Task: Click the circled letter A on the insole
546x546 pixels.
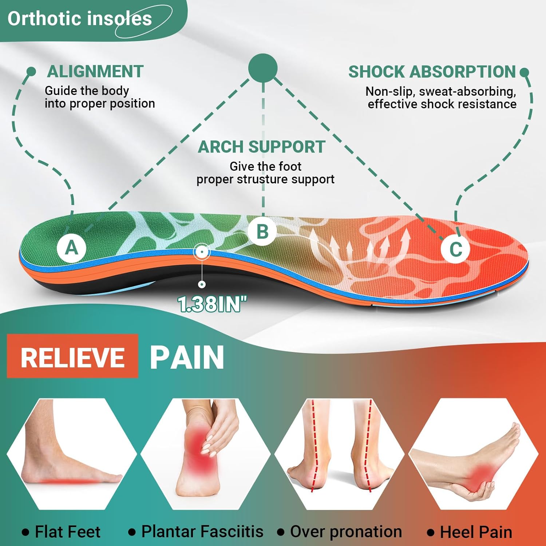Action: click(72, 248)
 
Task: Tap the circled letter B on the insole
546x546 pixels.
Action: click(262, 232)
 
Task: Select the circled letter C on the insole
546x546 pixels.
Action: click(456, 249)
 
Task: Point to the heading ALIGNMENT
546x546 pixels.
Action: click(95, 71)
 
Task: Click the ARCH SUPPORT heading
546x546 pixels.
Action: click(261, 147)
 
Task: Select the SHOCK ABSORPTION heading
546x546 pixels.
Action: click(432, 72)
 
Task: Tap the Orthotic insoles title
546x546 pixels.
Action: click(80, 19)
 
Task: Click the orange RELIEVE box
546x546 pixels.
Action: click(73, 357)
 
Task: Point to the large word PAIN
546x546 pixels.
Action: click(187, 357)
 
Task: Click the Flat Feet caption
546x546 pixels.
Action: click(67, 532)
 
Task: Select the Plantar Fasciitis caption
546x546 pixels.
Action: click(202, 531)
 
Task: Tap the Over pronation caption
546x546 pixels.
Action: click(346, 531)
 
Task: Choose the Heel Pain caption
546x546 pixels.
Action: click(476, 532)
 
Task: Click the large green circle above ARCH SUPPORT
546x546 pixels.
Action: click(263, 68)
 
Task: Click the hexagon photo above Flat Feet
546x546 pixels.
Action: click(72, 454)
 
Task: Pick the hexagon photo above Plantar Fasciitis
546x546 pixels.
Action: click(206, 454)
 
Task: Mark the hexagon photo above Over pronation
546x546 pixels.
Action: click(340, 454)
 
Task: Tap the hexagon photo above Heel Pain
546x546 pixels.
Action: click(473, 454)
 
